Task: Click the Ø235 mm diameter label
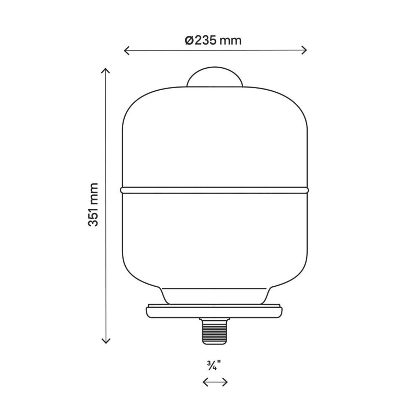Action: pos(213,40)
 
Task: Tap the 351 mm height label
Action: pos(93,204)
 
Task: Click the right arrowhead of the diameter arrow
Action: pos(305,51)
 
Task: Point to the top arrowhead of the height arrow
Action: pos(106,70)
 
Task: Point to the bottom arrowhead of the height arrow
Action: pos(106,341)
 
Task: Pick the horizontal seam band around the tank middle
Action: pos(215,189)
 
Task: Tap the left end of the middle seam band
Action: pos(122,189)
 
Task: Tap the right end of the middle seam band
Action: pos(307,189)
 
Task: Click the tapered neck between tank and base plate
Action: pos(215,295)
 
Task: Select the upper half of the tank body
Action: pos(215,137)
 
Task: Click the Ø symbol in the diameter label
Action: pos(190,41)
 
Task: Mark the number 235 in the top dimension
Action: pos(205,40)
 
